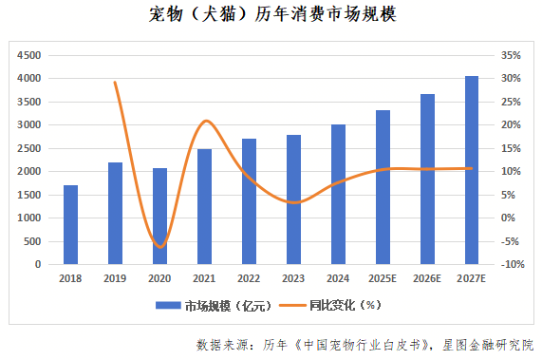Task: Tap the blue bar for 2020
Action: point(159,216)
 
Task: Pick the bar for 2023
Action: point(293,199)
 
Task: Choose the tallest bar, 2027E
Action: point(472,170)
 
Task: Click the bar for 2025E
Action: point(383,187)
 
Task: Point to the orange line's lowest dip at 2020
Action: point(159,247)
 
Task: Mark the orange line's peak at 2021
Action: point(206,121)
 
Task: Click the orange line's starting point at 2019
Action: point(115,82)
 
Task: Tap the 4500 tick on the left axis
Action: point(28,55)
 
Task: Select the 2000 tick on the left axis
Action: point(28,171)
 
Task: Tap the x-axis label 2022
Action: point(249,278)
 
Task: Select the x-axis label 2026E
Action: point(427,278)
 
